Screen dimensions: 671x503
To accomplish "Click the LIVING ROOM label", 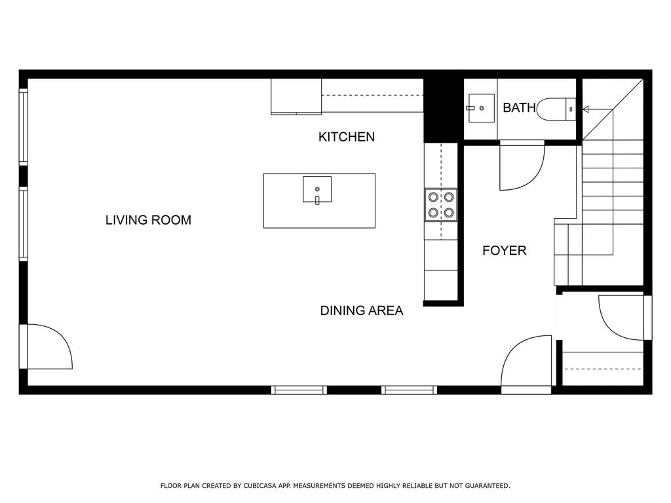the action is (x=148, y=220).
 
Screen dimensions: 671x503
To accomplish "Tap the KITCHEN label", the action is (x=347, y=137).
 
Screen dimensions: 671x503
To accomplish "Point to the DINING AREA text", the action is (x=362, y=310).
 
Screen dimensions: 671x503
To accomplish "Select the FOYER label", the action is (x=504, y=250).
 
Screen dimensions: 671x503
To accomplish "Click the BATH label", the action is (x=519, y=108).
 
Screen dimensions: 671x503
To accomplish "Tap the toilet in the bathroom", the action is (x=556, y=109).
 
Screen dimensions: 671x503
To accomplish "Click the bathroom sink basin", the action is (x=481, y=108).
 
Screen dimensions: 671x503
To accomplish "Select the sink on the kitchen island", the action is (x=317, y=189).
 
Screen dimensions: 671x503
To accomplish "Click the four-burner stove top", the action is (x=441, y=204).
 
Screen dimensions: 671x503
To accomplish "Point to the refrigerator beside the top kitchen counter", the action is (x=296, y=97).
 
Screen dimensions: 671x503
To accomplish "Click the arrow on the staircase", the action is (x=598, y=109).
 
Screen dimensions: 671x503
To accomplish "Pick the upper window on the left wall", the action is (x=23, y=126).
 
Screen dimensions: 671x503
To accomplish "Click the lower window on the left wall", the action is (x=23, y=224).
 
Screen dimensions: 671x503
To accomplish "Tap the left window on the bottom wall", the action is (x=299, y=390).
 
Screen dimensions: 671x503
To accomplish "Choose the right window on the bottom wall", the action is (x=409, y=390).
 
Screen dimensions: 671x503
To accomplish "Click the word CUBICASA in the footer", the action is (x=260, y=486).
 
